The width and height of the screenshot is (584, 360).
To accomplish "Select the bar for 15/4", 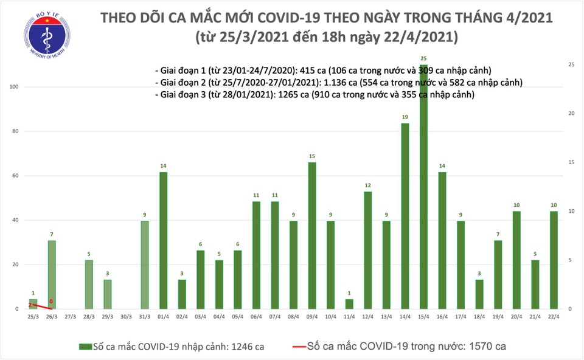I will pyautogui.click(x=423, y=189).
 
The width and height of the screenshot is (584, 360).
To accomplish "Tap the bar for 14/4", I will pyautogui.click(x=405, y=216).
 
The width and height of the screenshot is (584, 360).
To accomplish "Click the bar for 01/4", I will pyautogui.click(x=163, y=240).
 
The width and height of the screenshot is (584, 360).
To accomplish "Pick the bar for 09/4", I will pyautogui.click(x=311, y=235).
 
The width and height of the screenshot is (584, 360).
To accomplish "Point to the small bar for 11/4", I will pyautogui.click(x=349, y=303).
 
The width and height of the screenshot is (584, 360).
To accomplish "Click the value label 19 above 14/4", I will pyautogui.click(x=405, y=117).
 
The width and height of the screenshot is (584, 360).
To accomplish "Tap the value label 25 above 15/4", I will pyautogui.click(x=423, y=58).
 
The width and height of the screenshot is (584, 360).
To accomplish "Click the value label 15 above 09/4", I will pyautogui.click(x=311, y=156).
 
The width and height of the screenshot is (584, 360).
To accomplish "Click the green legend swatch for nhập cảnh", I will pyautogui.click(x=85, y=346).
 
